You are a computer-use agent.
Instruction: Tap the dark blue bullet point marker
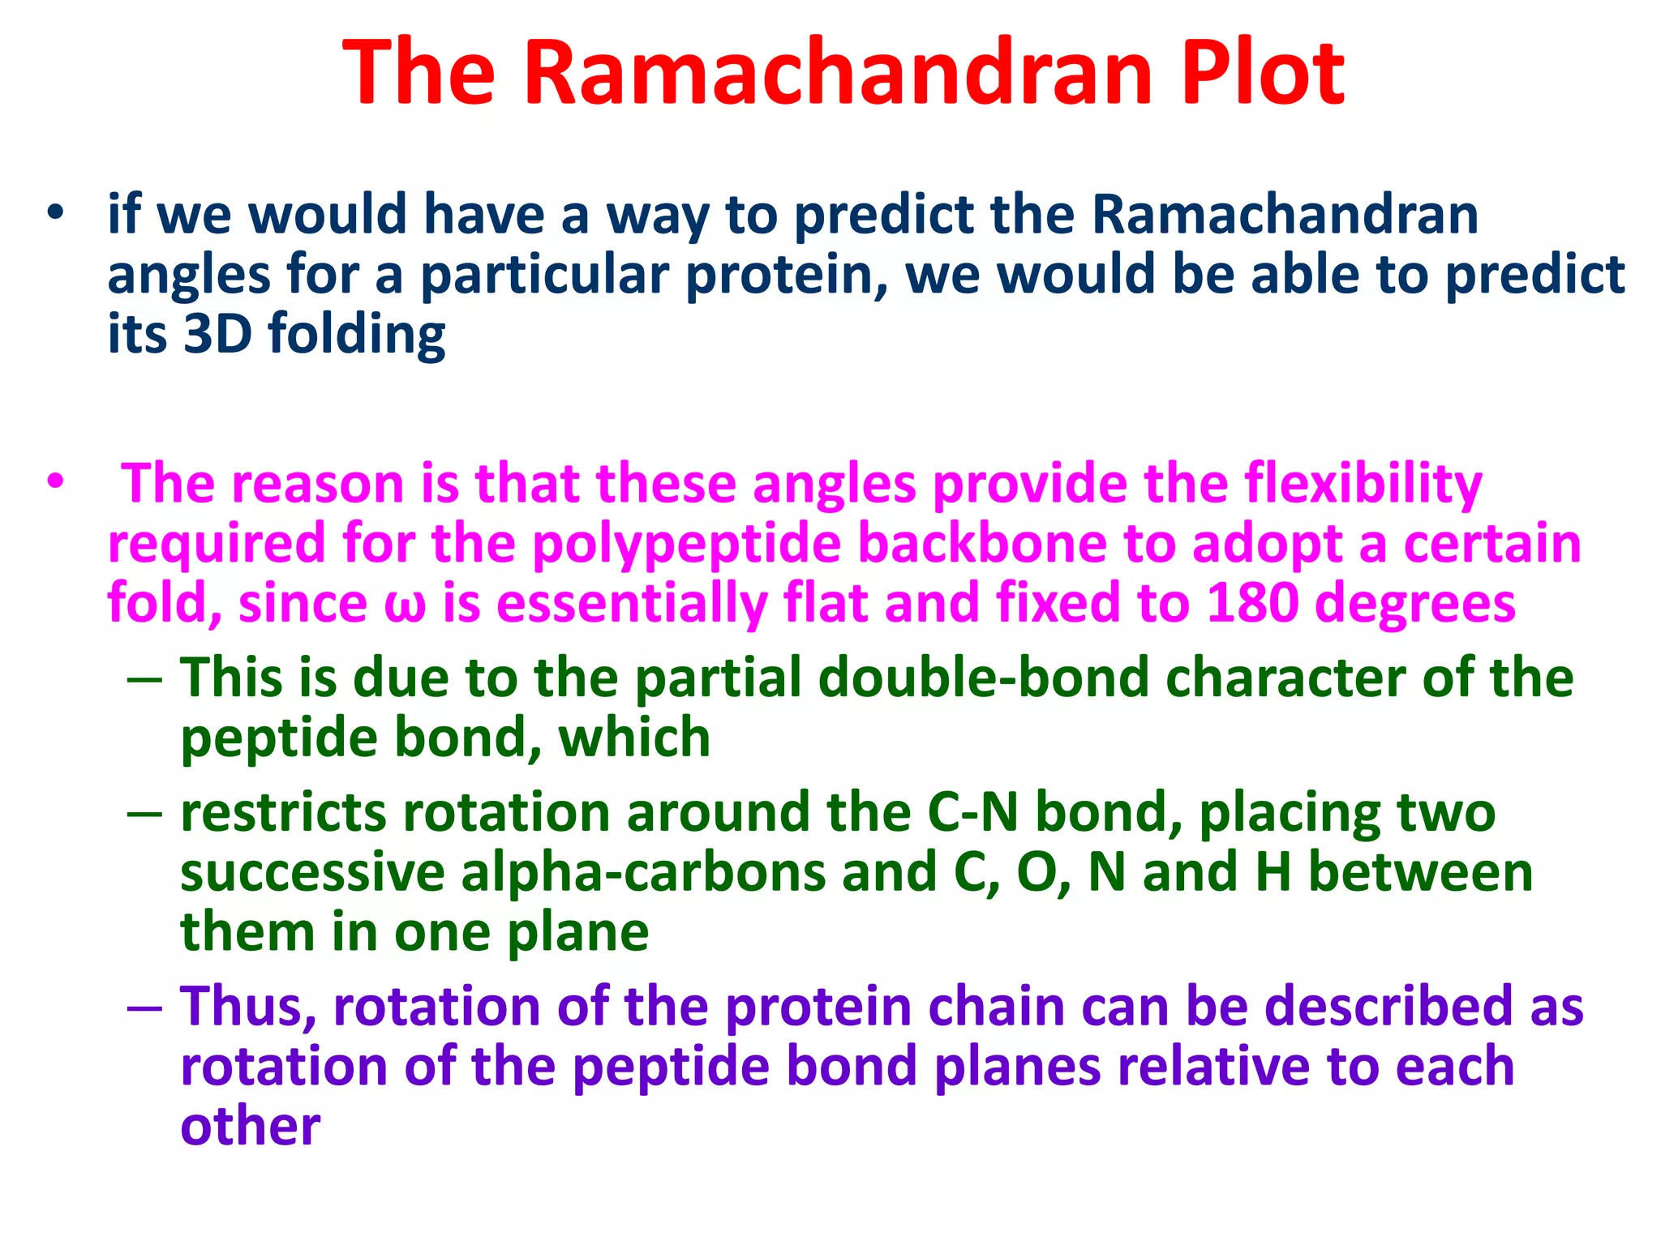pos(55,214)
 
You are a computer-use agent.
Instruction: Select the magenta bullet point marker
pos(55,482)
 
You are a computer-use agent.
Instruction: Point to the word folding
pos(357,336)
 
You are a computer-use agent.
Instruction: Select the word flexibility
pos(1363,485)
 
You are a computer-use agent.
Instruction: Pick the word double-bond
pos(892,678)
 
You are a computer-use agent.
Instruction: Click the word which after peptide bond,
pos(634,738)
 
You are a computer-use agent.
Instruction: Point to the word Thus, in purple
pos(248,1007)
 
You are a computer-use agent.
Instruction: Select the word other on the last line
pos(250,1127)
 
